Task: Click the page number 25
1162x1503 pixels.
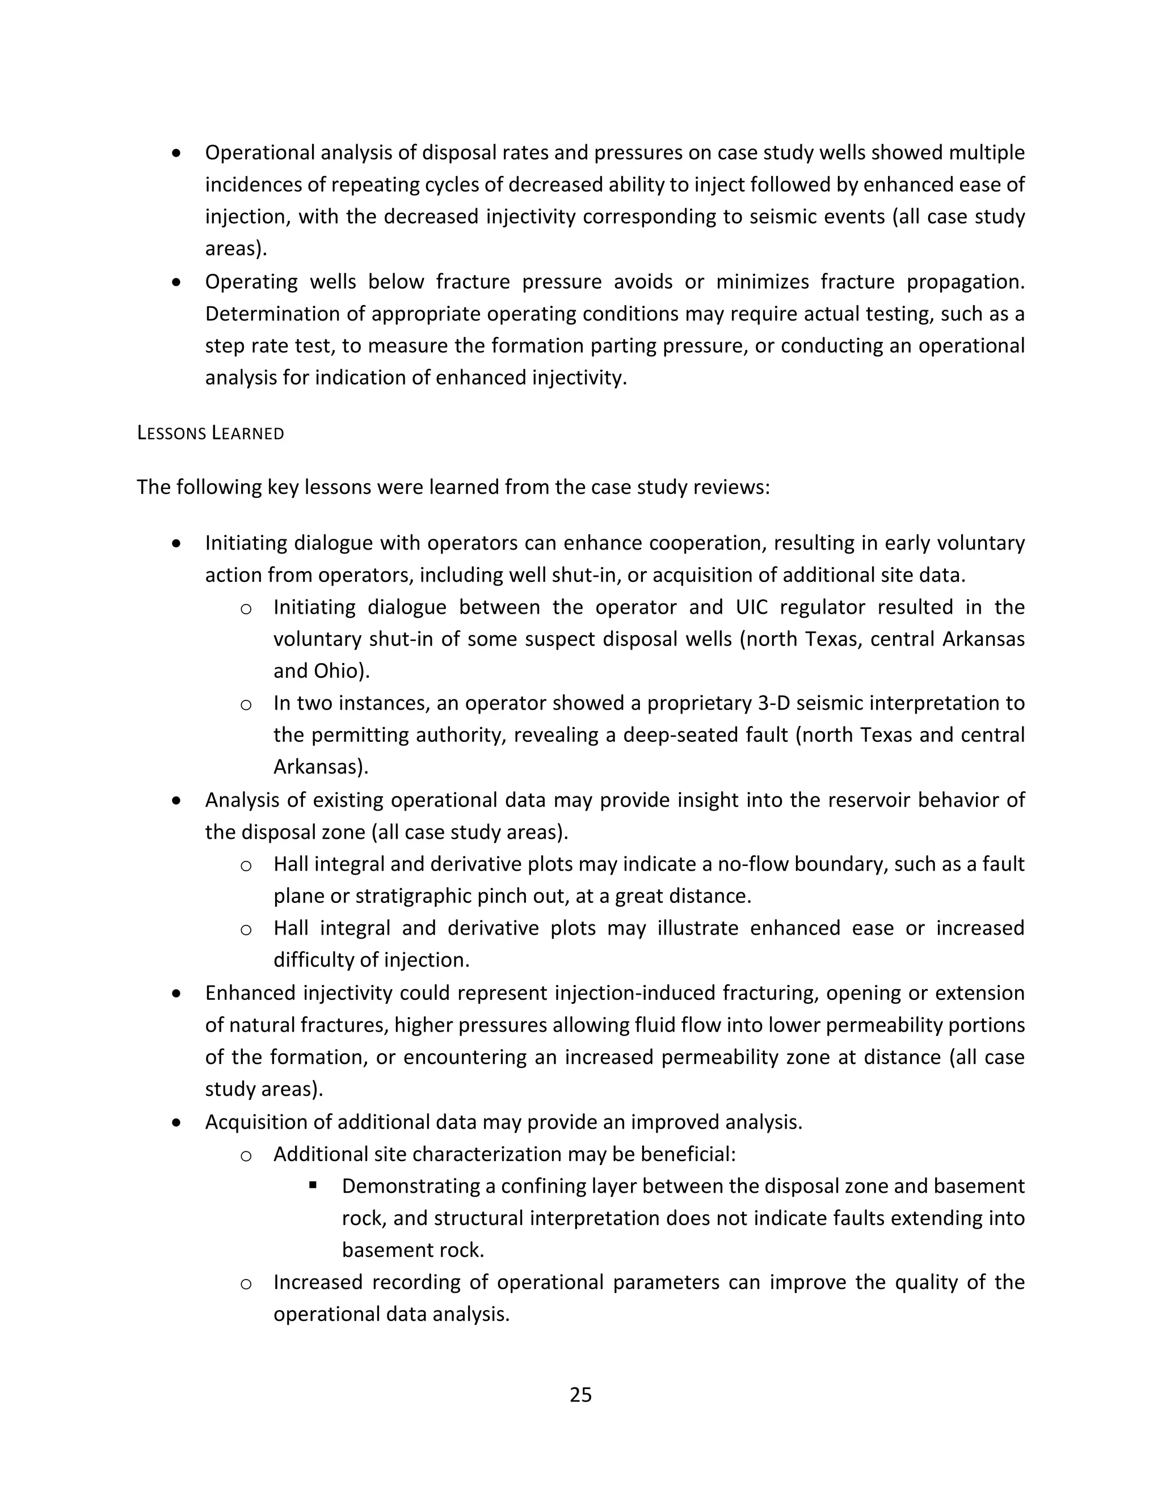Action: click(x=580, y=1394)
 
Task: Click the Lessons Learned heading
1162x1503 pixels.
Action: click(x=210, y=433)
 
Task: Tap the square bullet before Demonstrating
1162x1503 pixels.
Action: click(x=313, y=1185)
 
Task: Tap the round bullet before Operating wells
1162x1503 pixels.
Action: click(x=177, y=282)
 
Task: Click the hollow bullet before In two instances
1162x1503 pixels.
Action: click(x=246, y=704)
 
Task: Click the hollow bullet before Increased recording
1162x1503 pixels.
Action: click(x=246, y=1284)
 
